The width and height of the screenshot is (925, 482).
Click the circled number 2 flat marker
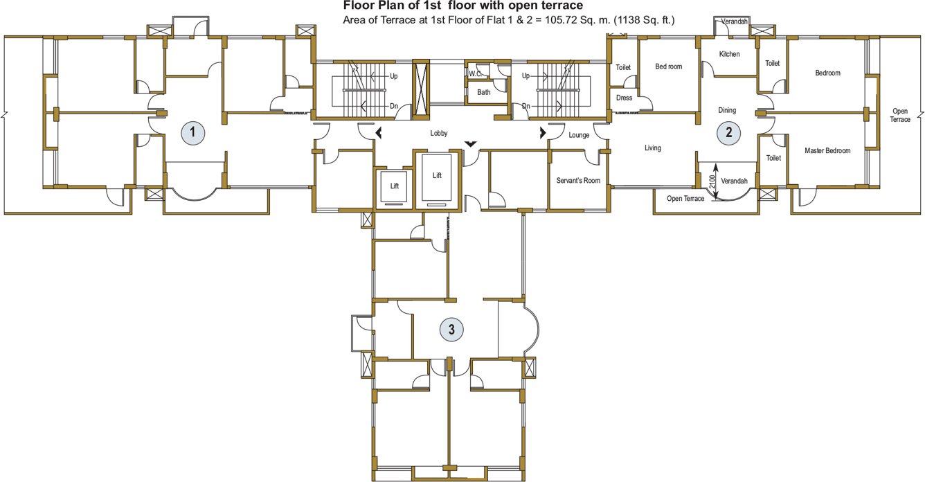click(728, 132)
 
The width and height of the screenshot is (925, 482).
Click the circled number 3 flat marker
click(451, 330)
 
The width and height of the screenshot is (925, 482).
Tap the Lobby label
click(439, 134)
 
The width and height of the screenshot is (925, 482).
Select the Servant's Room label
click(578, 181)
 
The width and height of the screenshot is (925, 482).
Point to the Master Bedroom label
click(827, 150)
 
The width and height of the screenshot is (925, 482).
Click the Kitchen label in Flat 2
click(729, 54)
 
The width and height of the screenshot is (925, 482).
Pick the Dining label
click(727, 110)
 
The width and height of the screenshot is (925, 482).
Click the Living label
click(652, 148)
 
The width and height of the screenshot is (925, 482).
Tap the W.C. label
click(475, 73)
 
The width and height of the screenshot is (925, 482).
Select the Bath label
click(483, 92)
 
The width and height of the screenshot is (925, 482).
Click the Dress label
click(624, 98)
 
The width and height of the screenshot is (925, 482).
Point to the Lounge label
click(579, 135)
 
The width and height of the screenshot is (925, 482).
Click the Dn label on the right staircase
click(526, 106)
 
